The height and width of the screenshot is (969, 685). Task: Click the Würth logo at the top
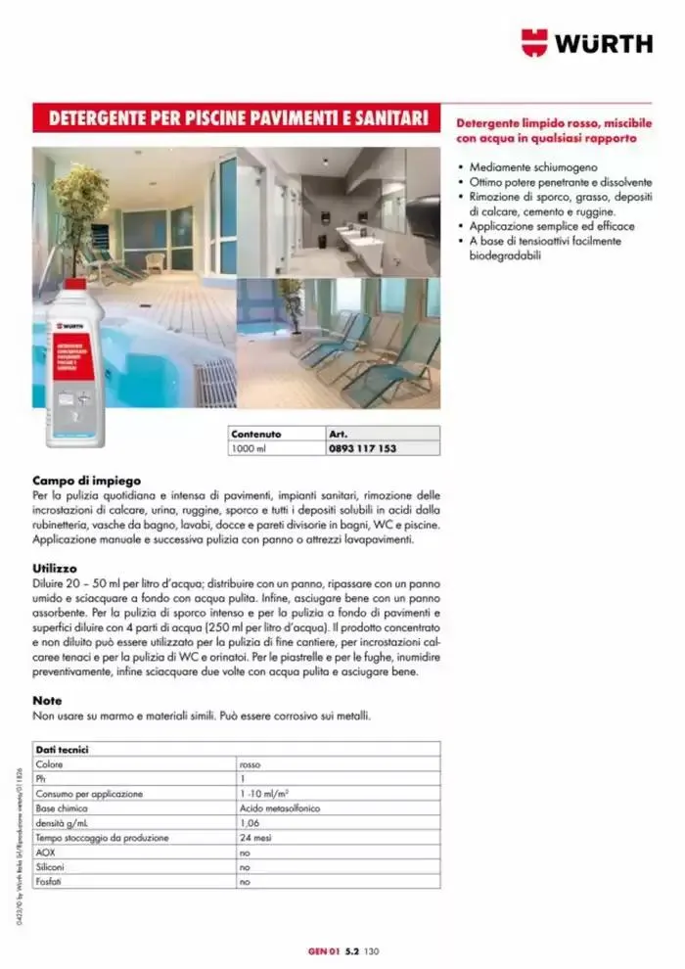pos(586,42)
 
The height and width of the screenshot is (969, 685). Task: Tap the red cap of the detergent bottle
pos(75,283)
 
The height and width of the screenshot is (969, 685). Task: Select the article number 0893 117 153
pos(363,448)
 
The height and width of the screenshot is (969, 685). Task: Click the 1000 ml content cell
pos(248,448)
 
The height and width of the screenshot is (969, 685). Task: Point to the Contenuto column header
pos(255,433)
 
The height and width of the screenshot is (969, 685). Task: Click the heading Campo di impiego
pos(87,481)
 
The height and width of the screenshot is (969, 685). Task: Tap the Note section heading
pos(47,701)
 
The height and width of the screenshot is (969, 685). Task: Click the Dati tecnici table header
pos(63,749)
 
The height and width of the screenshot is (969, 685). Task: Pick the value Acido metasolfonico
pos(279,809)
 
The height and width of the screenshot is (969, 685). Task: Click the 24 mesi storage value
pos(254,838)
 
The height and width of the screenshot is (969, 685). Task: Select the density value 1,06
pos(251,824)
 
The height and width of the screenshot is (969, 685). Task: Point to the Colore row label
pos(50,764)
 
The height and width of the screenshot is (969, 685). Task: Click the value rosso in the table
pos(250,764)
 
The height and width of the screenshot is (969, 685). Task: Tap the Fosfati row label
pos(50,882)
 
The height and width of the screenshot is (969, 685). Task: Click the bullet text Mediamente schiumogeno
pos(532,167)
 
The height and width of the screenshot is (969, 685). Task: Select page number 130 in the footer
pos(371,949)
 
